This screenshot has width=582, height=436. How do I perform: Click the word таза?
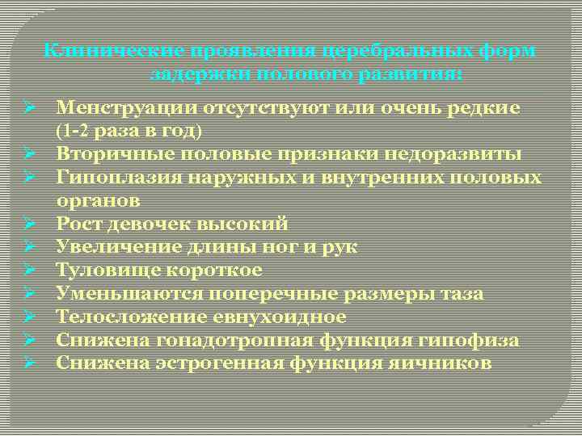click(x=462, y=293)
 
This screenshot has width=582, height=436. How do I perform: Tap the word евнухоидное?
click(x=263, y=317)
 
